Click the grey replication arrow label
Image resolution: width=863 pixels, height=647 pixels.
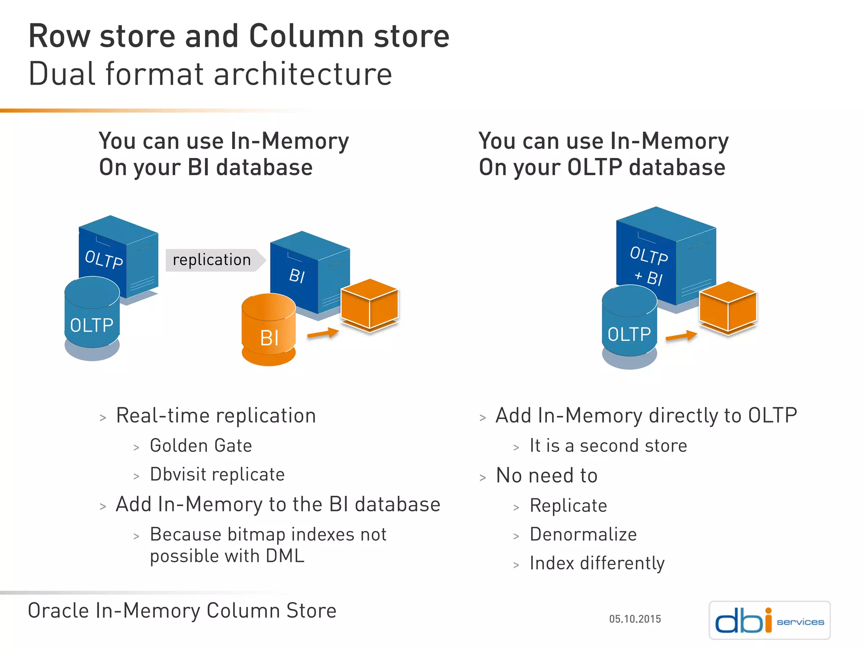pyautogui.click(x=214, y=260)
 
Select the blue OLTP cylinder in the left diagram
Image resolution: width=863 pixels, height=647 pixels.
pyautogui.click(x=92, y=318)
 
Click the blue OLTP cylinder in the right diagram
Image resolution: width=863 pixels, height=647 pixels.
pyautogui.click(x=629, y=326)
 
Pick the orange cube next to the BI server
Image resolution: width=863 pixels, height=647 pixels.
pyautogui.click(x=370, y=305)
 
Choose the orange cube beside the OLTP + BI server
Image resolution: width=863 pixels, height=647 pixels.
pyautogui.click(x=728, y=307)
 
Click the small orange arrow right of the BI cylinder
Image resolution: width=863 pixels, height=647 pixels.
pyautogui.click(x=323, y=333)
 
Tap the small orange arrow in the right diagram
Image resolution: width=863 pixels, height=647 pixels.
pyautogui.click(x=681, y=336)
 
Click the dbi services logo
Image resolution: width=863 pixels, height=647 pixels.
pyautogui.click(x=769, y=620)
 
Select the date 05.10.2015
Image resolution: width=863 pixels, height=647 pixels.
pyautogui.click(x=635, y=619)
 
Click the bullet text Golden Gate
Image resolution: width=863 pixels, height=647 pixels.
pyautogui.click(x=201, y=446)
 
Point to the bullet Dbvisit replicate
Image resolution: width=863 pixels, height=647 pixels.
pyautogui.click(x=217, y=474)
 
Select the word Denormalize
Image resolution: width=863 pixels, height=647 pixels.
pyautogui.click(x=583, y=534)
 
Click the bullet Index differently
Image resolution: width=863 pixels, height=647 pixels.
pyautogui.click(x=597, y=563)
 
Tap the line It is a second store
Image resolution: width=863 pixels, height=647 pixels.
pyautogui.click(x=608, y=446)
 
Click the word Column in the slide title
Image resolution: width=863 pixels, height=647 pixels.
pyautogui.click(x=306, y=36)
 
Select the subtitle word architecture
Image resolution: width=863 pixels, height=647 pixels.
pyautogui.click(x=303, y=74)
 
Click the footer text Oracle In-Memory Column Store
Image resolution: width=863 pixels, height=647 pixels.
pyautogui.click(x=182, y=610)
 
